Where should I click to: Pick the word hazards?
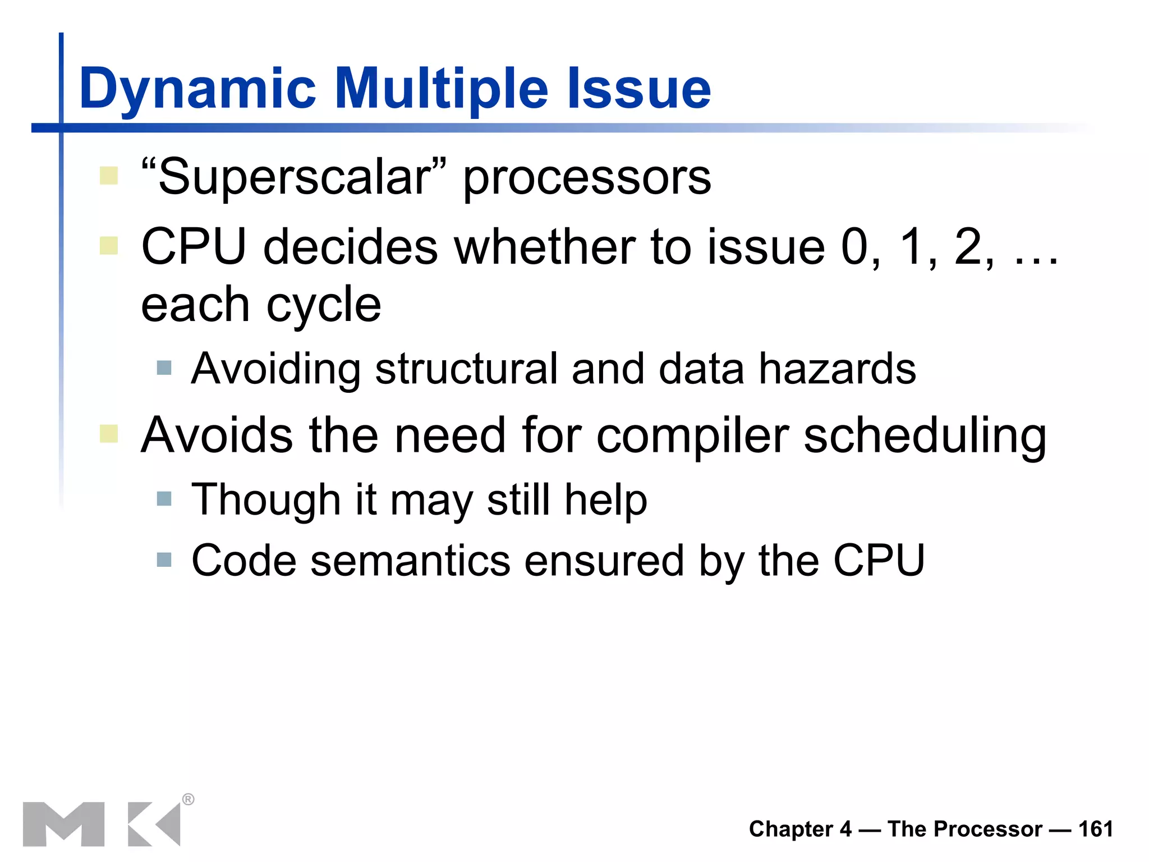coord(837,369)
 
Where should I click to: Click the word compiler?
coord(692,437)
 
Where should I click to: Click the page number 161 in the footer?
coord(1095,829)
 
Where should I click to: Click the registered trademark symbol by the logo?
coord(189,799)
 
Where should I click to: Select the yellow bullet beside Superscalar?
coord(109,176)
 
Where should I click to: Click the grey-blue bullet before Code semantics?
coord(164,560)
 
